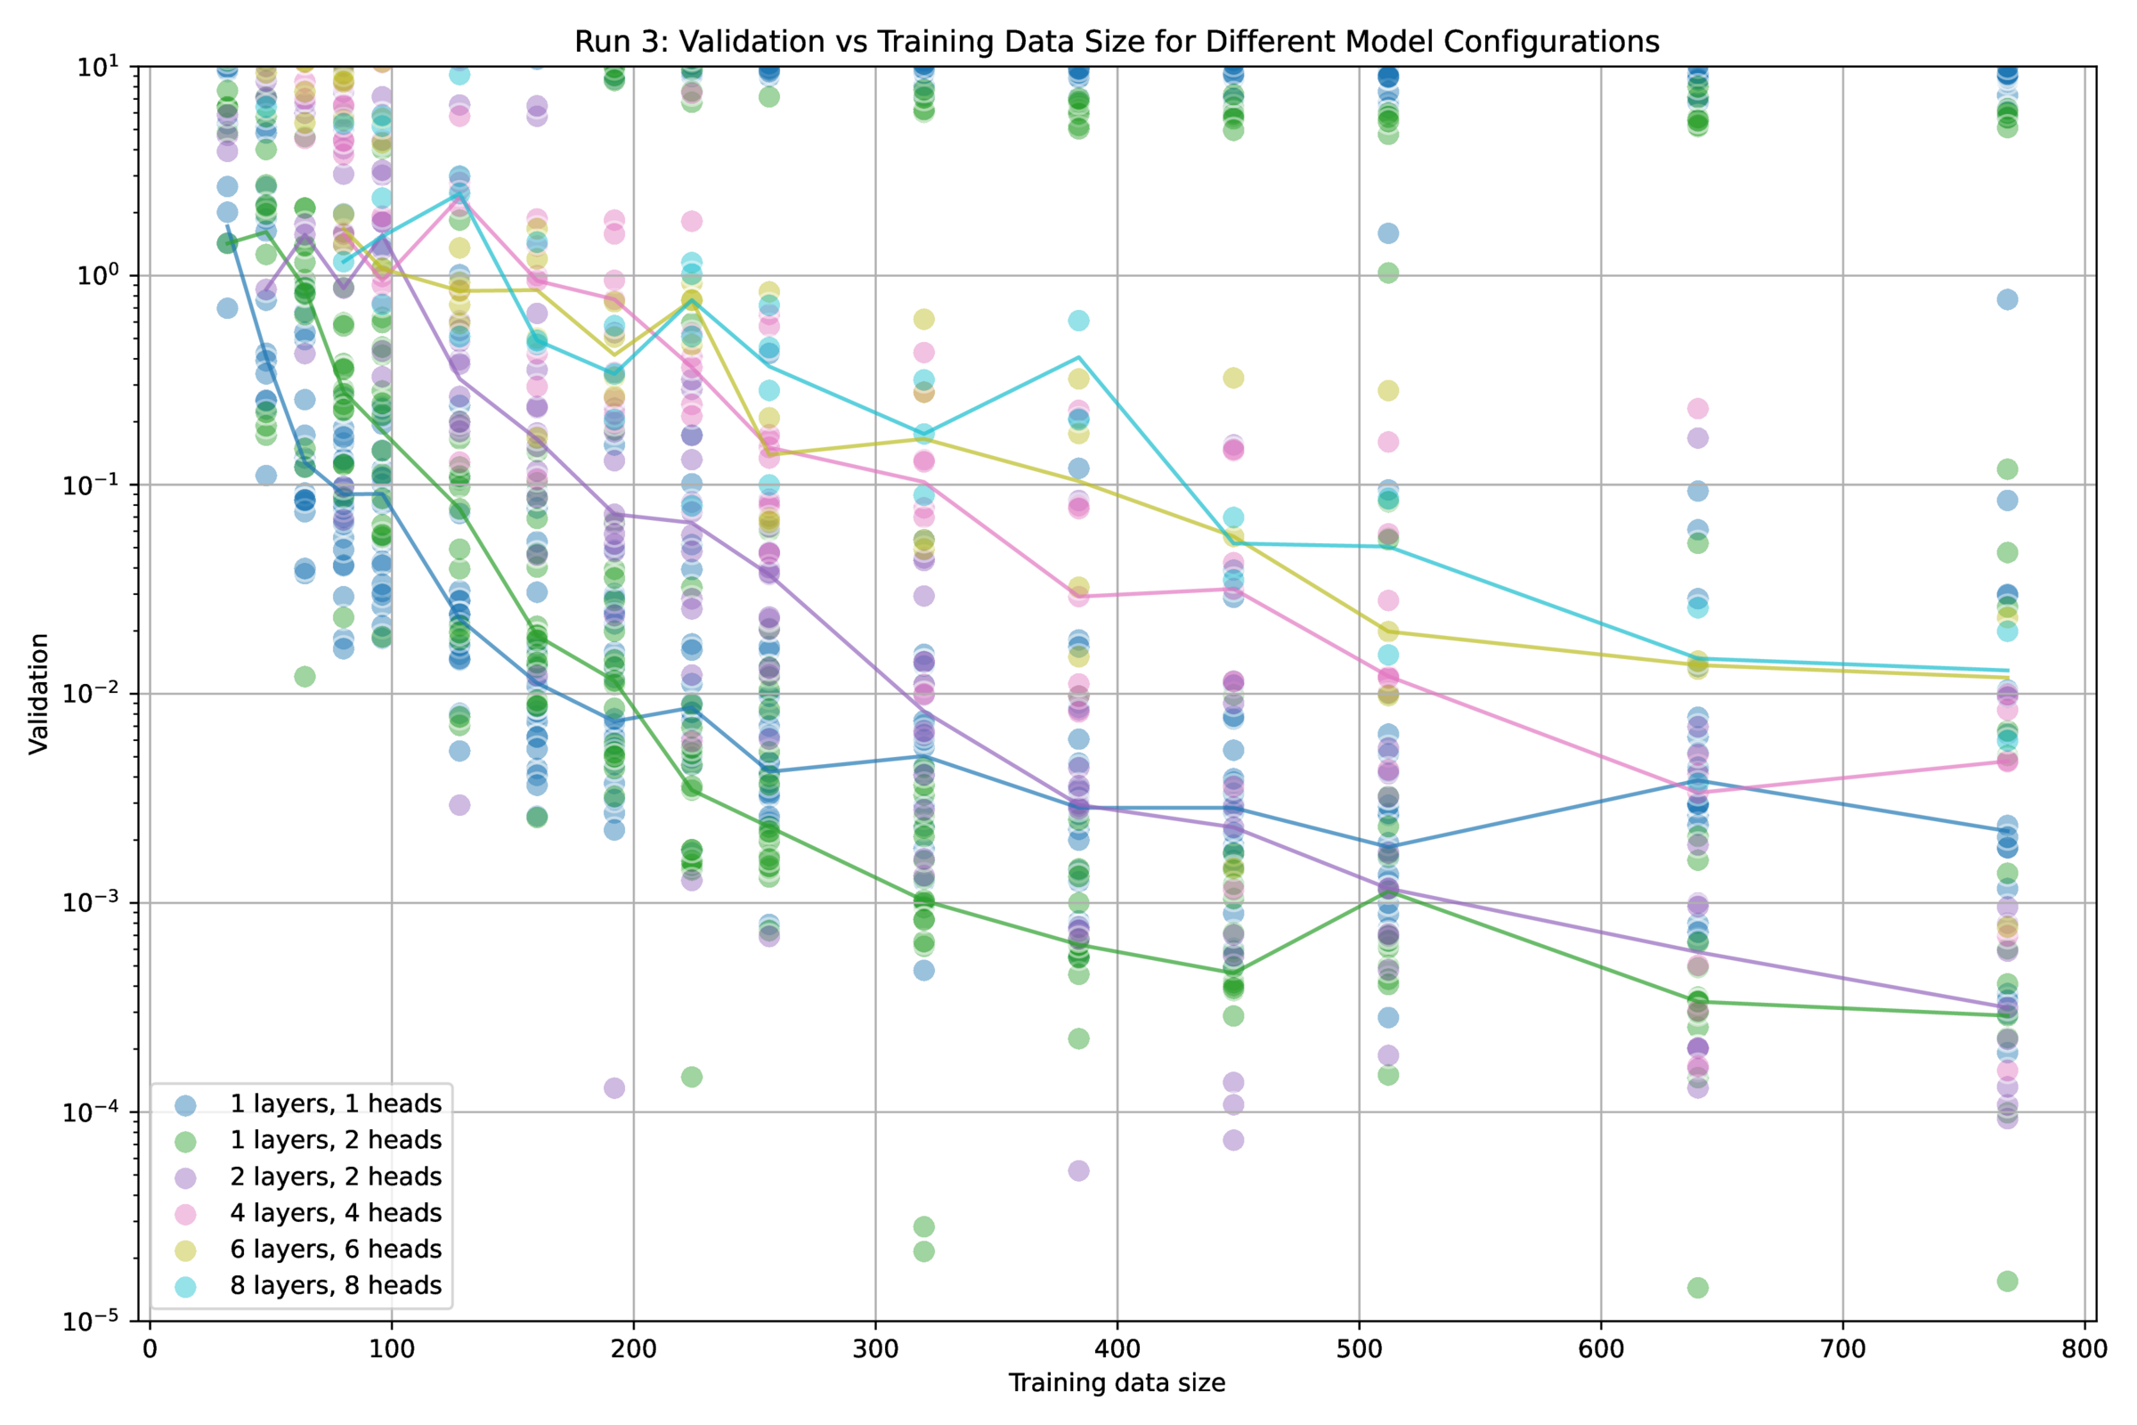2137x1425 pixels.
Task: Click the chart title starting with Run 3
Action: [1117, 42]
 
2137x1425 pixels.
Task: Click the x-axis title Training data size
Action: [1117, 1382]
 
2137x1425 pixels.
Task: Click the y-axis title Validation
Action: [38, 694]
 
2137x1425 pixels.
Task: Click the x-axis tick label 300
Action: [875, 1348]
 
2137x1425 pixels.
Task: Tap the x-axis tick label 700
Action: [1842, 1348]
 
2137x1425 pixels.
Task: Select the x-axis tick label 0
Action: [150, 1348]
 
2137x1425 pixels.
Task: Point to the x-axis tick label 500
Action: [1360, 1348]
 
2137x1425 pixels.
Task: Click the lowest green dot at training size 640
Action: [1697, 1287]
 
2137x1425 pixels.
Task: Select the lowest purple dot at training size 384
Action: [1078, 1170]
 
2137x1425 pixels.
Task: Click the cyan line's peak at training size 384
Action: [1078, 357]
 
